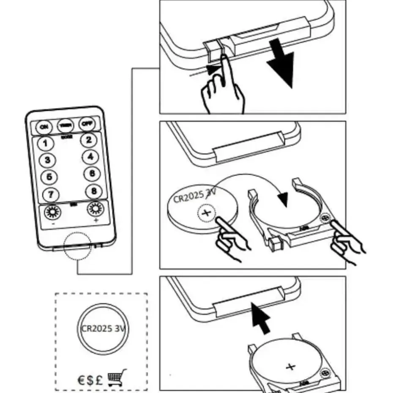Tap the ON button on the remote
coord(43,126)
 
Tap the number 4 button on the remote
coord(90,157)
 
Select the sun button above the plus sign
coord(95,209)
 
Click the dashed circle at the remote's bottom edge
coord(78,247)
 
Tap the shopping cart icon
coord(117,377)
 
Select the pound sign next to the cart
coord(99,379)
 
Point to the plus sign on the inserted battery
coord(290,366)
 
